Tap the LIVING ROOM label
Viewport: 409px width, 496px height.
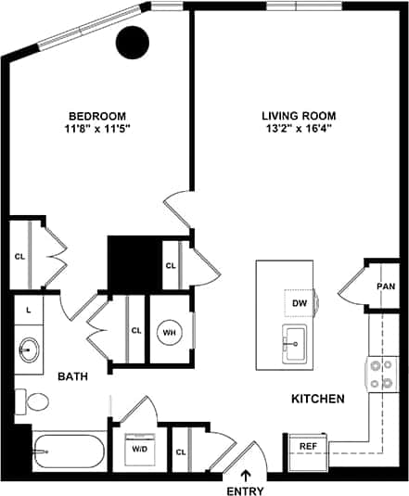click(298, 116)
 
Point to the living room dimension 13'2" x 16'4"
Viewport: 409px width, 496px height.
click(298, 130)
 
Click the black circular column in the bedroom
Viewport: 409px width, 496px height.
click(134, 42)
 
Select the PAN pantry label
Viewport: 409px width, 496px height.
click(385, 286)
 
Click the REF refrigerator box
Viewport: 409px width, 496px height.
click(307, 447)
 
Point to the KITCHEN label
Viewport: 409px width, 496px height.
click(318, 399)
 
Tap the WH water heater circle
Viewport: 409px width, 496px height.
click(170, 331)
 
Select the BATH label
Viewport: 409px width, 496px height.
click(72, 376)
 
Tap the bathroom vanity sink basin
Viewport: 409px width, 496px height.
click(28, 350)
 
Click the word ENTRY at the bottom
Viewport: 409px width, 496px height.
click(246, 490)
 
